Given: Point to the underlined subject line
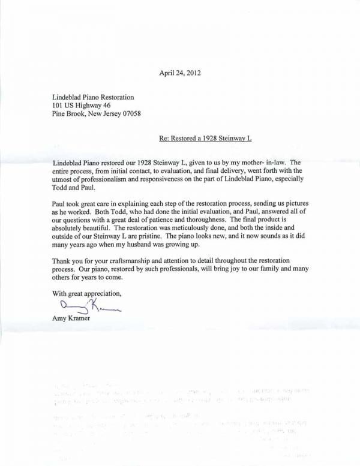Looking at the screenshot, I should click(x=205, y=138).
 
